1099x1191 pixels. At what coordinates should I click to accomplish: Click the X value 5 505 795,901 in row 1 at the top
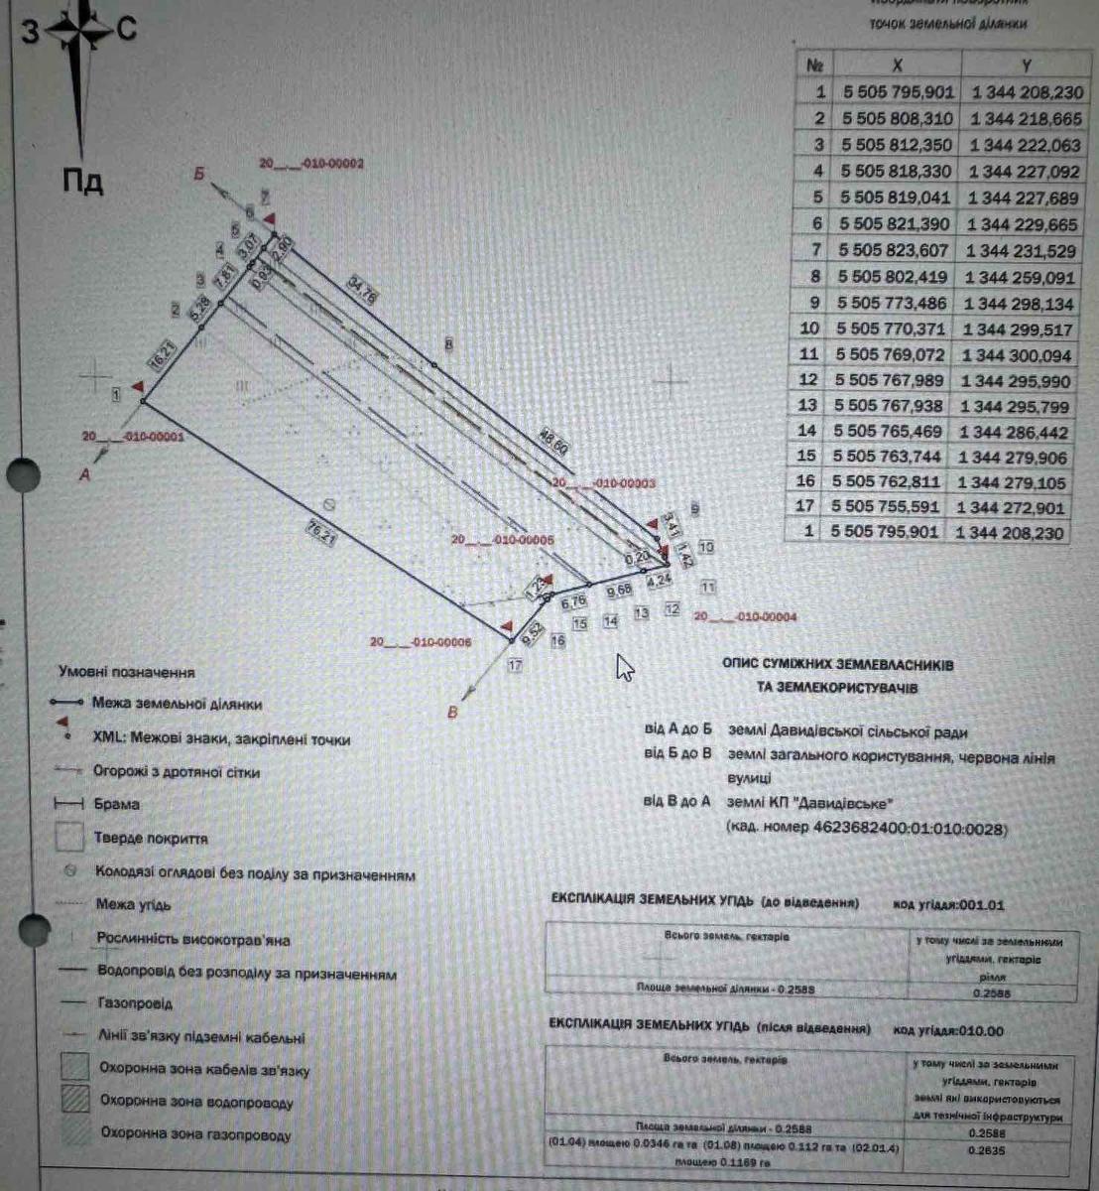coord(899,91)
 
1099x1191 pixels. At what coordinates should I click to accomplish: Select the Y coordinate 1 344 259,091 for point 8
coord(1023,277)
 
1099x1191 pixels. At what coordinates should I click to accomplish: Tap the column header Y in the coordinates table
coord(1026,65)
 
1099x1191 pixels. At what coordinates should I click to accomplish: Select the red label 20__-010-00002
coord(311,164)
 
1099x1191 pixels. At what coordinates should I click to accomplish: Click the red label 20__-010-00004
coord(745,616)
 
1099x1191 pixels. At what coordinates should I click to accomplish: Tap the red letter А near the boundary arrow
coord(84,475)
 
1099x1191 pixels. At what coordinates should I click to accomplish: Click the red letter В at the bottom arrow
coord(454,713)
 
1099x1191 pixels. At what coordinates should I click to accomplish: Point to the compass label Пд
coord(83,182)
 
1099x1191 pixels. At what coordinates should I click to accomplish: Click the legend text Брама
coord(116,804)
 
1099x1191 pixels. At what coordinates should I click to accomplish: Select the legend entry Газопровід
coord(135,1004)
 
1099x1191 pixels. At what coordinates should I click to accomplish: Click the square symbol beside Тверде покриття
coord(69,837)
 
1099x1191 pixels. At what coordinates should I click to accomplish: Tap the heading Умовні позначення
coord(126,672)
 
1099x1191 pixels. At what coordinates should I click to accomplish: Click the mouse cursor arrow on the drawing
coord(624,667)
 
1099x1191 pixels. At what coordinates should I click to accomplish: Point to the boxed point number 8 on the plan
coord(448,344)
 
